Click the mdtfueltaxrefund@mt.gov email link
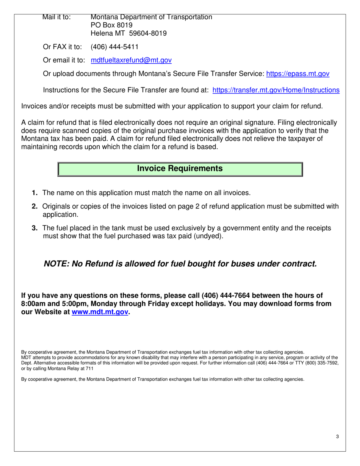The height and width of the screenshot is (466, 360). pyautogui.click(x=131, y=60)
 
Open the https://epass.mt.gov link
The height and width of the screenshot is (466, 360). pyautogui.click(x=298, y=74)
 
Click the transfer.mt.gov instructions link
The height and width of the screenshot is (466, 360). pyautogui.click(x=276, y=90)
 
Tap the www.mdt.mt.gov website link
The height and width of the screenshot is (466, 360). pyautogui.click(x=100, y=312)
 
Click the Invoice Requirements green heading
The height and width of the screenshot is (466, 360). pyautogui.click(x=180, y=169)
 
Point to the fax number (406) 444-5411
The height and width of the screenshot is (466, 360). pyautogui.click(x=114, y=47)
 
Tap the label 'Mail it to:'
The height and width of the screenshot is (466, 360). pyautogui.click(x=56, y=17)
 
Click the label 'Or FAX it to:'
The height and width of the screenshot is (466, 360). pyautogui.click(x=62, y=47)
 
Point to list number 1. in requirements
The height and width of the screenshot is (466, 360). pyautogui.click(x=34, y=193)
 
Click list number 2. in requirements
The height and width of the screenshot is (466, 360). pyautogui.click(x=34, y=206)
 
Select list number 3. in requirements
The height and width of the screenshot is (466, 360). pyautogui.click(x=34, y=228)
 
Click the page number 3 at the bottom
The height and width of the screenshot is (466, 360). pyautogui.click(x=337, y=437)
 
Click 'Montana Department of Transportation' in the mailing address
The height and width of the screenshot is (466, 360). pyautogui.click(x=151, y=17)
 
